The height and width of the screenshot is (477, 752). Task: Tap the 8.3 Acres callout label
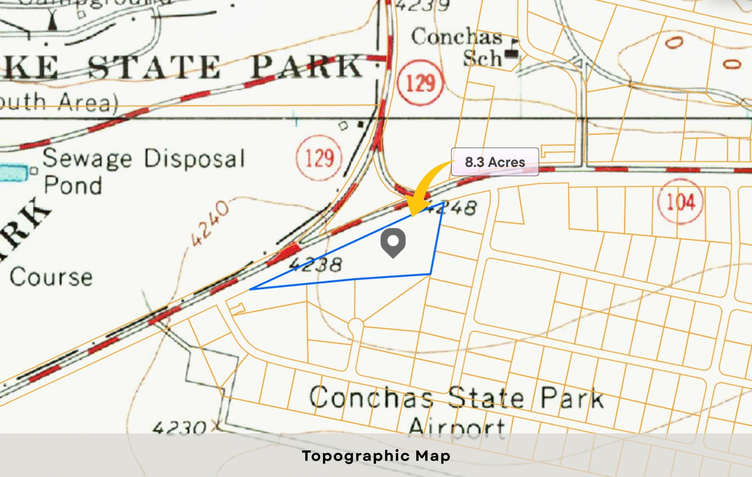coord(495,162)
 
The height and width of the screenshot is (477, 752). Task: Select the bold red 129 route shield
coord(421,82)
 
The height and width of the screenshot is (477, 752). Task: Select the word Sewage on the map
coord(87,159)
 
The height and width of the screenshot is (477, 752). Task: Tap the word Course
coord(51,277)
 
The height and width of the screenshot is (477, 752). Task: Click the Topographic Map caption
coord(376,456)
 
